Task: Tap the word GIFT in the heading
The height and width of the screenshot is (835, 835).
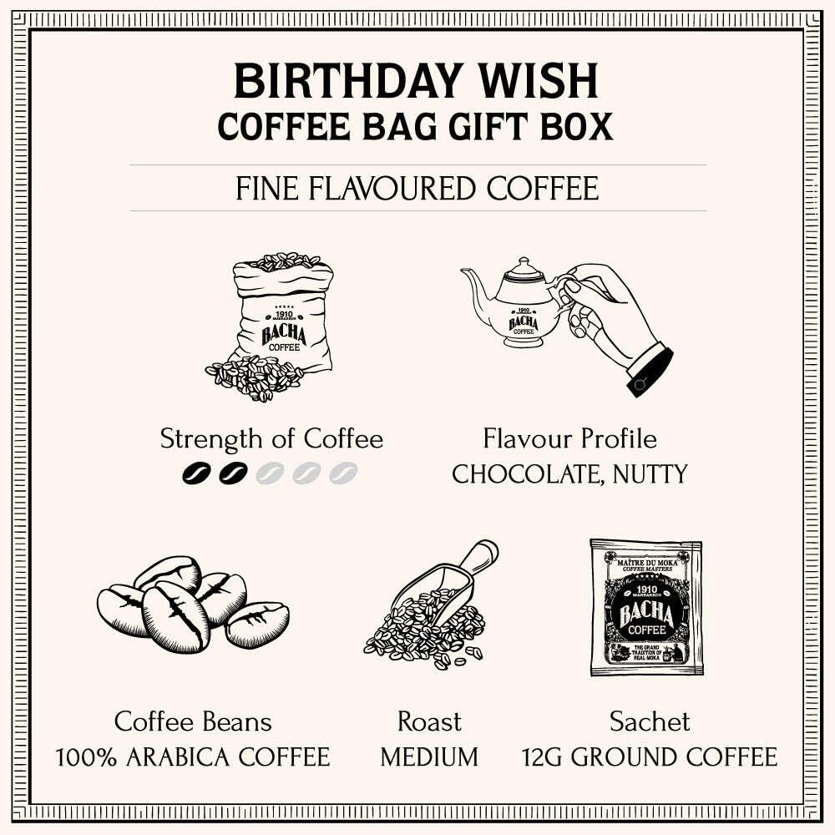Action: point(494,125)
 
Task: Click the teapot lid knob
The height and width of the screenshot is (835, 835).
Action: point(524,262)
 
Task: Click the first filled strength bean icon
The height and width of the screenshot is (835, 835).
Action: point(196,473)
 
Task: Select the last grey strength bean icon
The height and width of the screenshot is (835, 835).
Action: point(343,473)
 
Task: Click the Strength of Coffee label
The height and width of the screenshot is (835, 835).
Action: point(271,438)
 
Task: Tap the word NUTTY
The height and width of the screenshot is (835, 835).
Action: point(650,474)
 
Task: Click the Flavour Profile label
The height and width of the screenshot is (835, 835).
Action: point(569,438)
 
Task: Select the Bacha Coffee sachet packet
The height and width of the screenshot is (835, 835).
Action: point(645,607)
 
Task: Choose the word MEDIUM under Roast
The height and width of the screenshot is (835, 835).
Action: point(429,757)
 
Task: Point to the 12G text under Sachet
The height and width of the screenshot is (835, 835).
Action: point(544,757)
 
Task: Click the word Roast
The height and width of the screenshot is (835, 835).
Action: point(429,721)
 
